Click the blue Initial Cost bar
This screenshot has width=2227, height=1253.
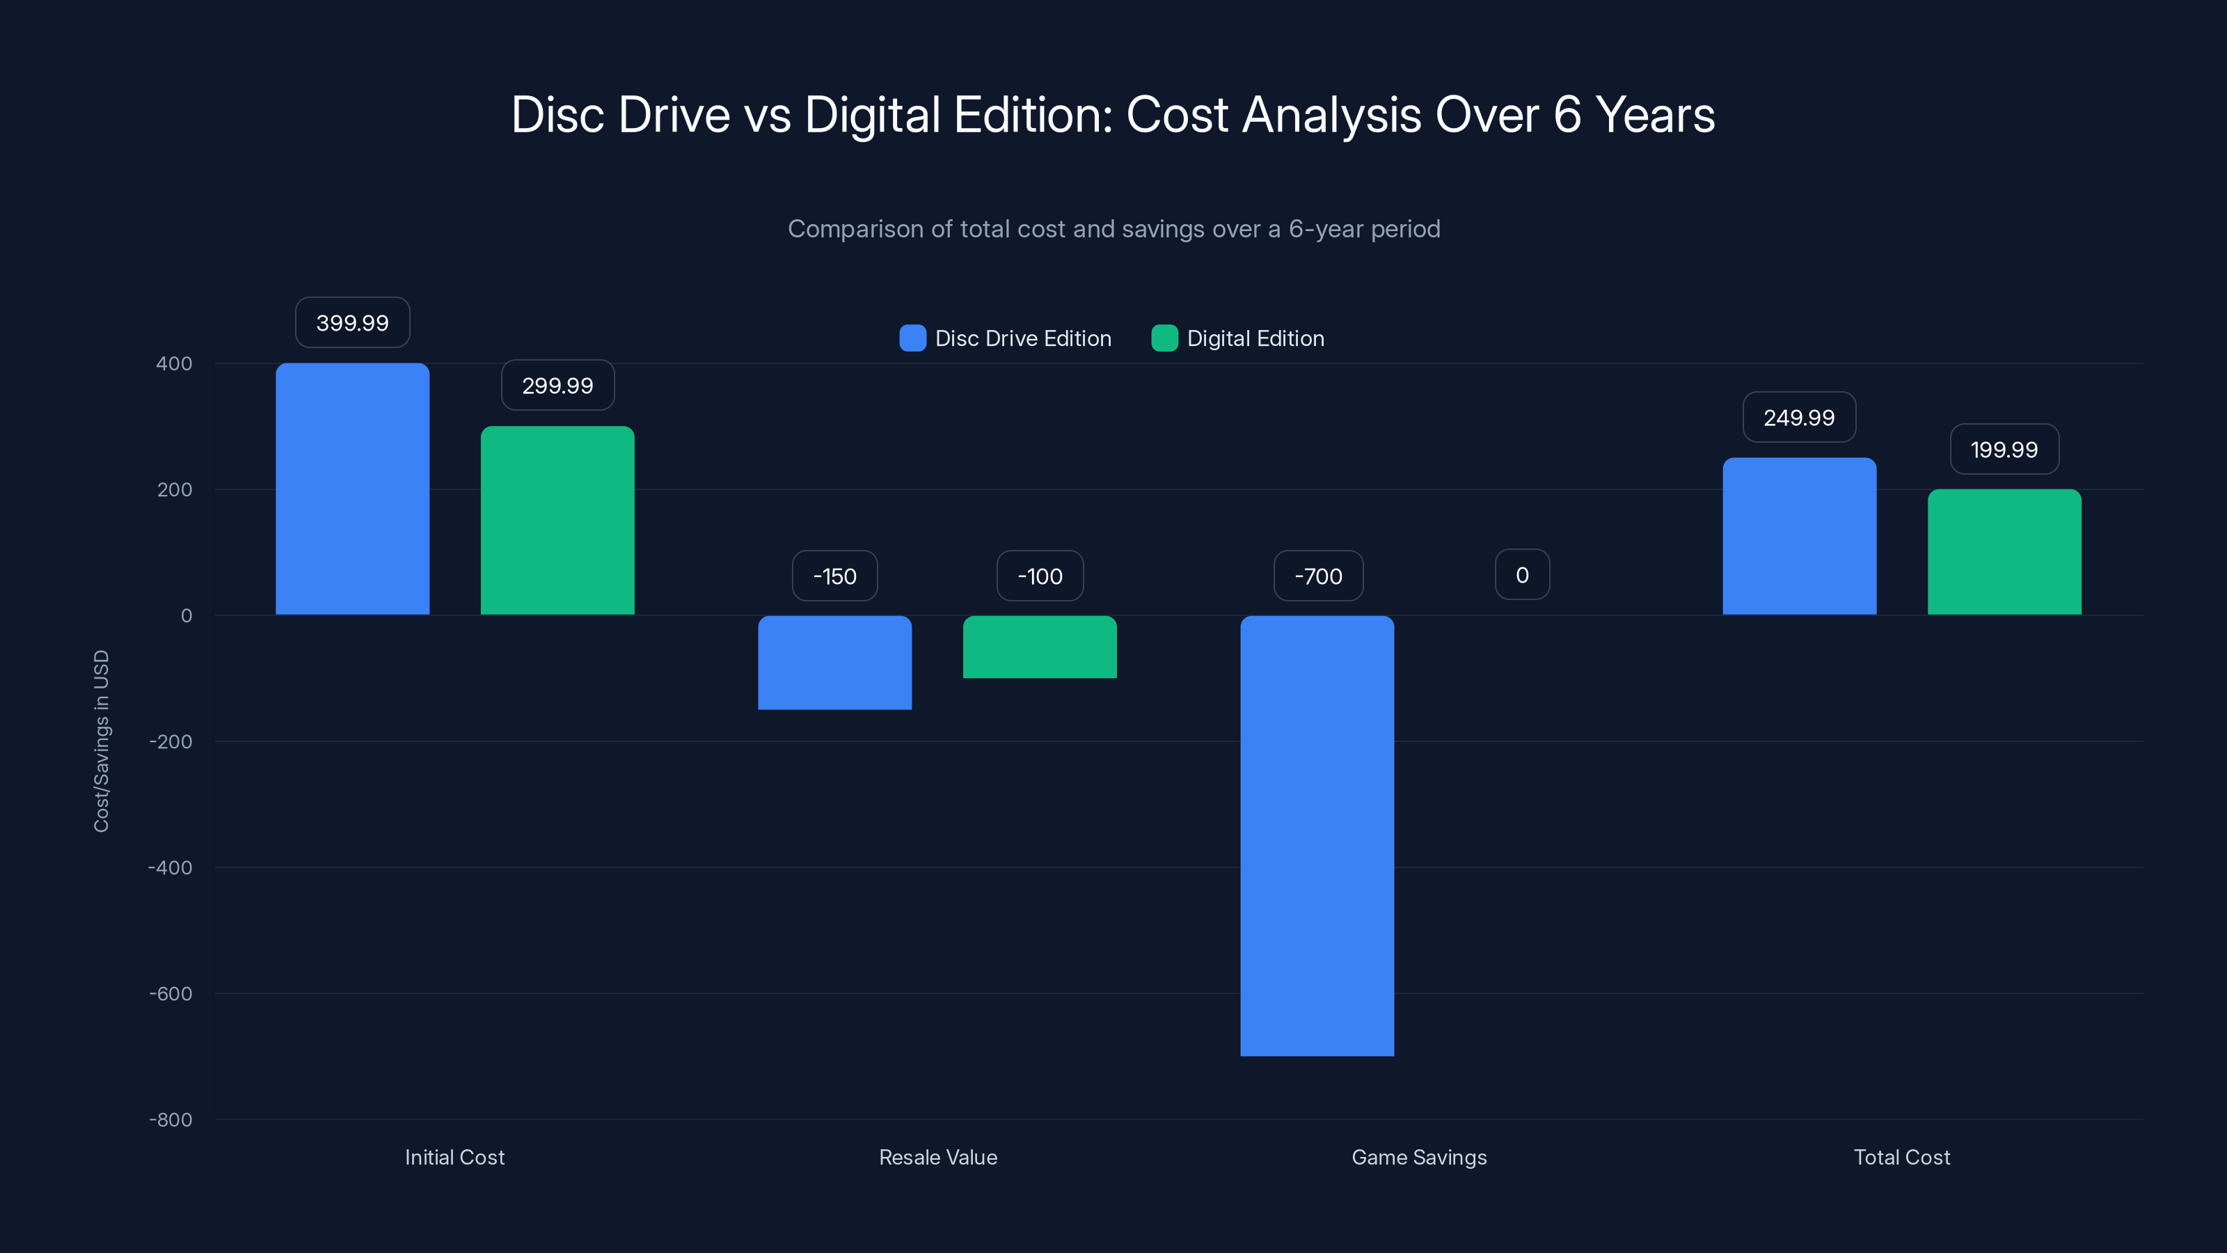(352, 489)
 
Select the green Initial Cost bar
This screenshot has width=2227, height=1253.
(557, 521)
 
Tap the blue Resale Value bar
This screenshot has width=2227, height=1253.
(834, 663)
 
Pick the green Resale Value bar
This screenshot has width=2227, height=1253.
(1039, 647)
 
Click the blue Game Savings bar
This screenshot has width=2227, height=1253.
(1317, 835)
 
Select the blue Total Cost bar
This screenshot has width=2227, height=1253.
(1799, 536)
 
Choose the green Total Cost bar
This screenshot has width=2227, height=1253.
(2004, 552)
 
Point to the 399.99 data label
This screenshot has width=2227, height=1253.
(352, 322)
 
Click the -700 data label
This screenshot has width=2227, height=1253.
(1317, 576)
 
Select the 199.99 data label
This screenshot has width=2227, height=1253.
(2004, 450)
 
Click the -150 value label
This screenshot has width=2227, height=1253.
(834, 576)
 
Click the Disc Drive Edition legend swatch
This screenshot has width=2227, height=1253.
(912, 338)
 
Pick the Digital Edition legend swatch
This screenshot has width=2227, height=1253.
(1164, 338)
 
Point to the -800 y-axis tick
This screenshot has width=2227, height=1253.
(171, 1120)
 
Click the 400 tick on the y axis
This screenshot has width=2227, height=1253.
(174, 364)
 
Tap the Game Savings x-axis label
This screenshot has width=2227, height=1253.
(1419, 1157)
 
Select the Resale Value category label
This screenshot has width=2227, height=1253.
(938, 1157)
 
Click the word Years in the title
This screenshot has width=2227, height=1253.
(1655, 115)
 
